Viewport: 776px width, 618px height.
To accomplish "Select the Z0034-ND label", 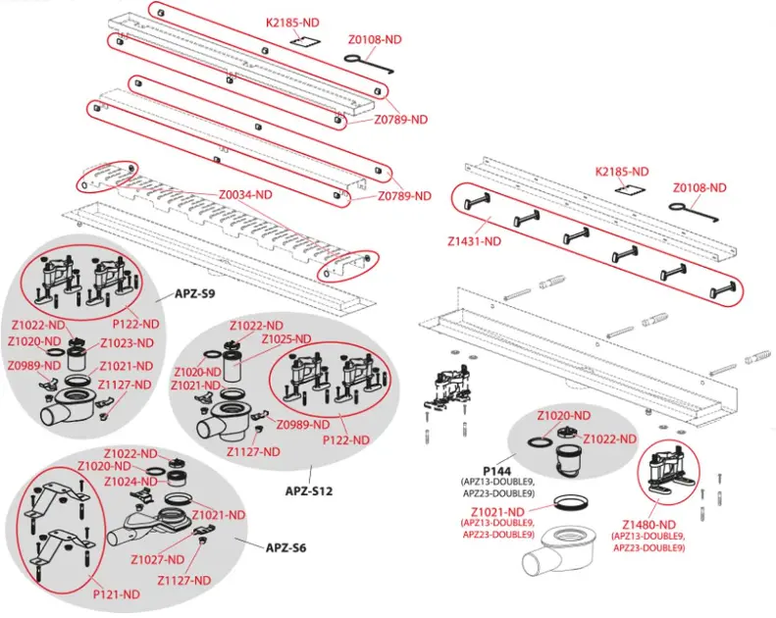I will pos(243,195).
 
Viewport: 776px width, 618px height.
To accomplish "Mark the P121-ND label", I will pos(117,593).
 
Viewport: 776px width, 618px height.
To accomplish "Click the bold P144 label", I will pos(490,471).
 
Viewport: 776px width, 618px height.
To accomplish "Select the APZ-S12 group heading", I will pos(310,489).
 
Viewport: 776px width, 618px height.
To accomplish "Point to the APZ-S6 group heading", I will pos(284,546).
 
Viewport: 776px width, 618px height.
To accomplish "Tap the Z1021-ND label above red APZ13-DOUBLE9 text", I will pos(495,512).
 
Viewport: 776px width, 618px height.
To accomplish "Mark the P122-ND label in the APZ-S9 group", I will pos(137,324).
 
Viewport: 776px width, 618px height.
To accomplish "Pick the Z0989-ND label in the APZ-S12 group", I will pos(301,424).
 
